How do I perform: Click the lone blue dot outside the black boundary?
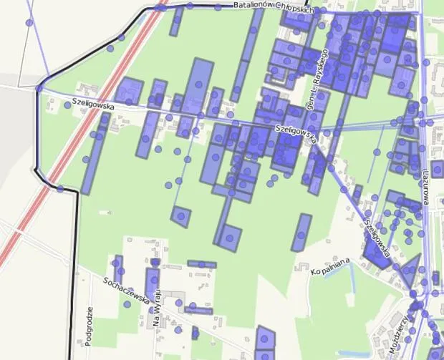coord(29,23)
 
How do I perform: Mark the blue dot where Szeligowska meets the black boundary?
coord(39,89)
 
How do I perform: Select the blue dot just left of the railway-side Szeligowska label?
coord(67,104)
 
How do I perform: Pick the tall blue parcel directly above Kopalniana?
coord(302,231)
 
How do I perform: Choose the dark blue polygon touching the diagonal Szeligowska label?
coord(375,252)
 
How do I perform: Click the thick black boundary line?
coord(74,272)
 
